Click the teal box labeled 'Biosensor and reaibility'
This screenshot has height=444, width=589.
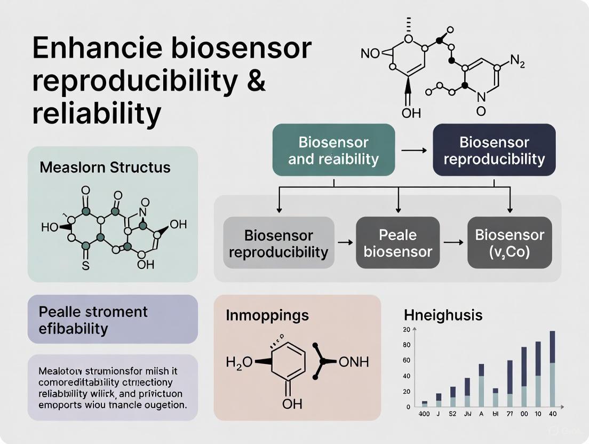(333, 150)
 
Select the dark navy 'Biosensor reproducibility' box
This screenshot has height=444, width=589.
(494, 150)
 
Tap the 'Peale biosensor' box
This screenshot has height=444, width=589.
(397, 243)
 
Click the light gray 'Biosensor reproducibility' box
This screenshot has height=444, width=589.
(278, 243)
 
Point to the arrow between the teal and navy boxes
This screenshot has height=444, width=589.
(413, 151)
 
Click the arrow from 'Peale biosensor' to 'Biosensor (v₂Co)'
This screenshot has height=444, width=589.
(453, 243)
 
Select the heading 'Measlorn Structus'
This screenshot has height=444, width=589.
(105, 167)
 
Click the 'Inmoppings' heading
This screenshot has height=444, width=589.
(267, 315)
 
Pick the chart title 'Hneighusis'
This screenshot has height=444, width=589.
(443, 315)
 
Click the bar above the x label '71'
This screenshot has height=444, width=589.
(510, 384)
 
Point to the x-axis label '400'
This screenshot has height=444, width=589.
(424, 414)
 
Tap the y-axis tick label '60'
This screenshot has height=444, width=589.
(407, 361)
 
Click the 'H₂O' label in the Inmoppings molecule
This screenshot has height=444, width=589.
(238, 362)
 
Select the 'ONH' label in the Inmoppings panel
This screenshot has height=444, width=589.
(354, 362)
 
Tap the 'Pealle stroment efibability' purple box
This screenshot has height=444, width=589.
(112, 319)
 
